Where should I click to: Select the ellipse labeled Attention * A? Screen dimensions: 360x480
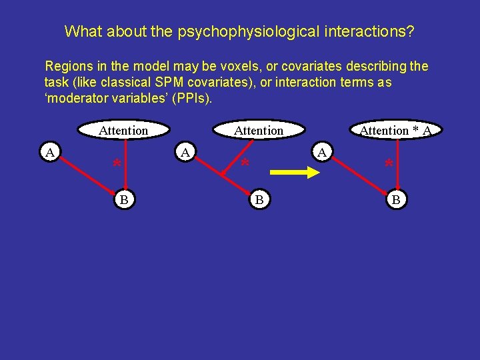coord(395,131)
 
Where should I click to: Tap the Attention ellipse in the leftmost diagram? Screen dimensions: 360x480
coord(123,131)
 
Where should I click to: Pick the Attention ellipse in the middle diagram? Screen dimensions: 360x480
coord(259,131)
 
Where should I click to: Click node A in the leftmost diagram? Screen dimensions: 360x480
coord(49,153)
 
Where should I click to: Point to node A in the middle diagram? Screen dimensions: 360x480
coord(186,153)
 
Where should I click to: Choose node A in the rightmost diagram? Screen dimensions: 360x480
coord(322,153)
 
